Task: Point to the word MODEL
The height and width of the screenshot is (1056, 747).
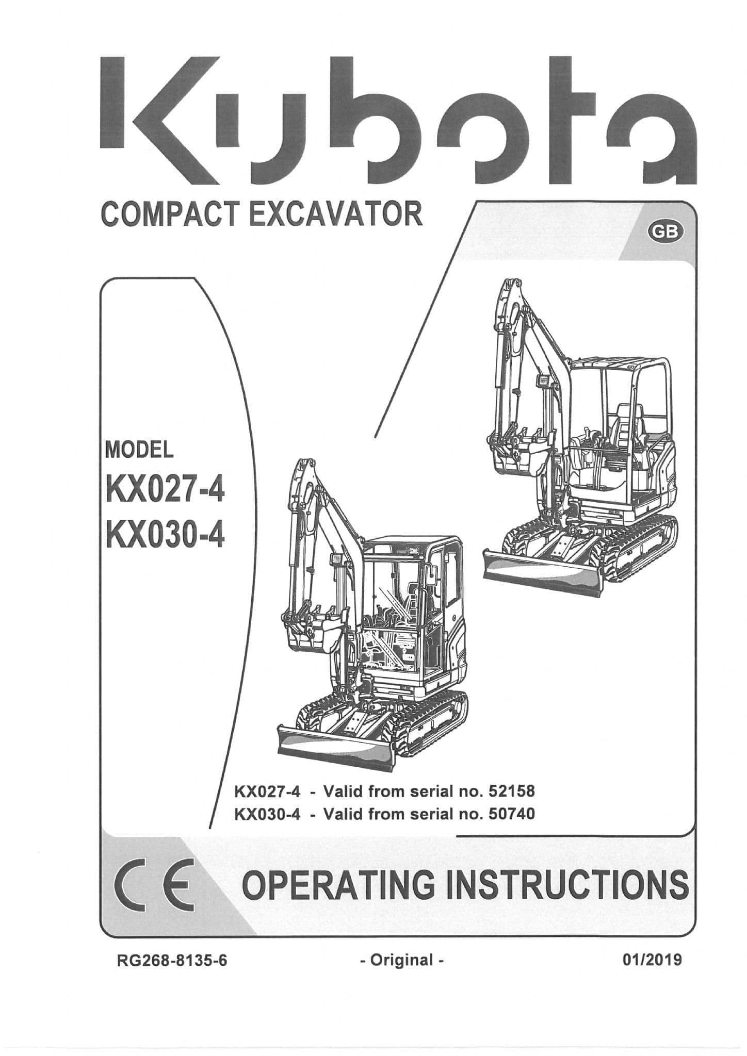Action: click(139, 451)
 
